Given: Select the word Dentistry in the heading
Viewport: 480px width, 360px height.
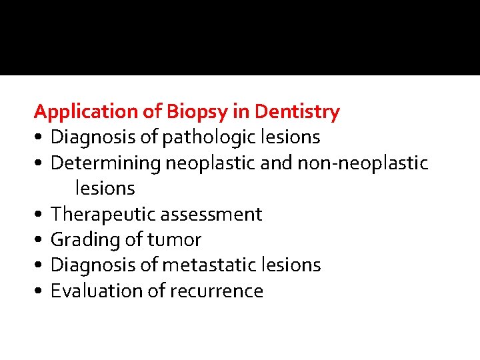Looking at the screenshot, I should (297, 112).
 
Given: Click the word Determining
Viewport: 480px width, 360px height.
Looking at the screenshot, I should (106, 163).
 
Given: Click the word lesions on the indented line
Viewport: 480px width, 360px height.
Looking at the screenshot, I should (105, 189).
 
